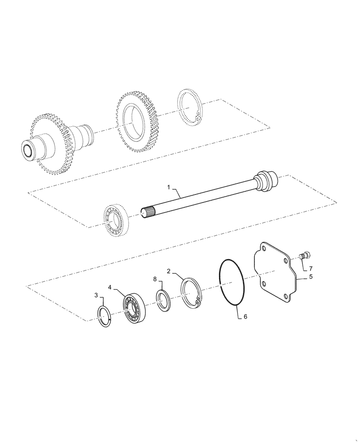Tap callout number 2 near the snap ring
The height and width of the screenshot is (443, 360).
tap(169, 271)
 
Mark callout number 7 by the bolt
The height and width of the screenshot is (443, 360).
tap(310, 268)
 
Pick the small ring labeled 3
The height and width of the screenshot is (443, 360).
tap(105, 317)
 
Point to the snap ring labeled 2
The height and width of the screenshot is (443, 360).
tap(191, 292)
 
